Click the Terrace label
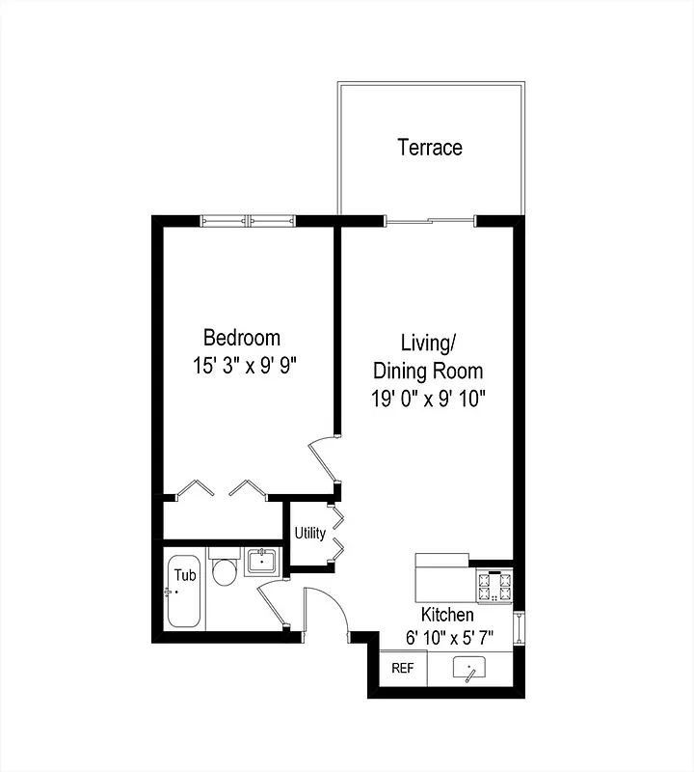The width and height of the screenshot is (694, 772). click(430, 148)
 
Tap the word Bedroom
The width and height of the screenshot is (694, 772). click(242, 338)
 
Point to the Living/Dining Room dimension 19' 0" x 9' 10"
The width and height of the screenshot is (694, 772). click(428, 399)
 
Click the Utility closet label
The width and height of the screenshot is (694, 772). click(309, 534)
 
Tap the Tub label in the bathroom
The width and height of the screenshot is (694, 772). click(184, 575)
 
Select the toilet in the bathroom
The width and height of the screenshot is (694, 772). click(224, 570)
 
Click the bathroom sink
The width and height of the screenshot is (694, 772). click(262, 561)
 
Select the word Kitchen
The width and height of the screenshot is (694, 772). click(447, 615)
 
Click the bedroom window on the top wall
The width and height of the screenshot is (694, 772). click(248, 221)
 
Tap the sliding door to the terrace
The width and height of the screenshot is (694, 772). click(430, 221)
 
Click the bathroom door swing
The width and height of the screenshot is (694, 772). click(275, 606)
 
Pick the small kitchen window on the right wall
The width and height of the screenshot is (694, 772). click(520, 627)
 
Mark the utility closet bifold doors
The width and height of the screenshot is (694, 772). click(336, 533)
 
